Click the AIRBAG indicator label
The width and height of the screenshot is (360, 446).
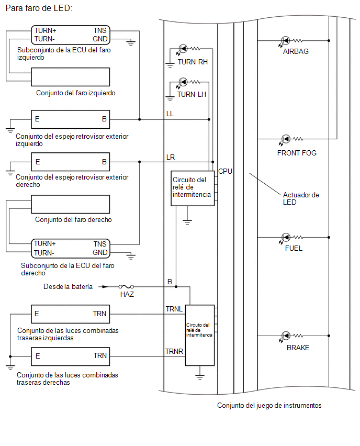click(x=296, y=51)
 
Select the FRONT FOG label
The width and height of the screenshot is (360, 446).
click(x=297, y=153)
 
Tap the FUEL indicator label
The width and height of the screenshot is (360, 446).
click(x=294, y=248)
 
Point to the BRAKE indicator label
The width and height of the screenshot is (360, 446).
click(x=298, y=348)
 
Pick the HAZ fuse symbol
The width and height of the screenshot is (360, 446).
click(x=126, y=287)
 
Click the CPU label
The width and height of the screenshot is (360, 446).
click(x=225, y=171)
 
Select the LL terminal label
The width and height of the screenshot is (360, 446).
click(x=170, y=114)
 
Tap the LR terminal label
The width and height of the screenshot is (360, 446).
click(x=171, y=157)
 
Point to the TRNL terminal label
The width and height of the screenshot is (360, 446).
click(x=174, y=309)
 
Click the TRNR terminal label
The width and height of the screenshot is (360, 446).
click(x=174, y=352)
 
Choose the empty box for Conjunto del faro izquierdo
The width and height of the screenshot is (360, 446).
click(x=70, y=77)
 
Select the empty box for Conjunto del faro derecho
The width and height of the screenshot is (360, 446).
click(x=70, y=204)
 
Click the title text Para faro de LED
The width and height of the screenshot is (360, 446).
click(x=39, y=8)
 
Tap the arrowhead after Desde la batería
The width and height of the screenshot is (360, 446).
click(x=105, y=287)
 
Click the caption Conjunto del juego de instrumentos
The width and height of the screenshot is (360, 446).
click(x=269, y=406)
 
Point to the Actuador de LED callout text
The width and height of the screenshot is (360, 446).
click(x=301, y=198)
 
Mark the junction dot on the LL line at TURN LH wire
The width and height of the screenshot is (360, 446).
click(x=209, y=119)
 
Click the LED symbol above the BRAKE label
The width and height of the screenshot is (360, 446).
click(x=286, y=336)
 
